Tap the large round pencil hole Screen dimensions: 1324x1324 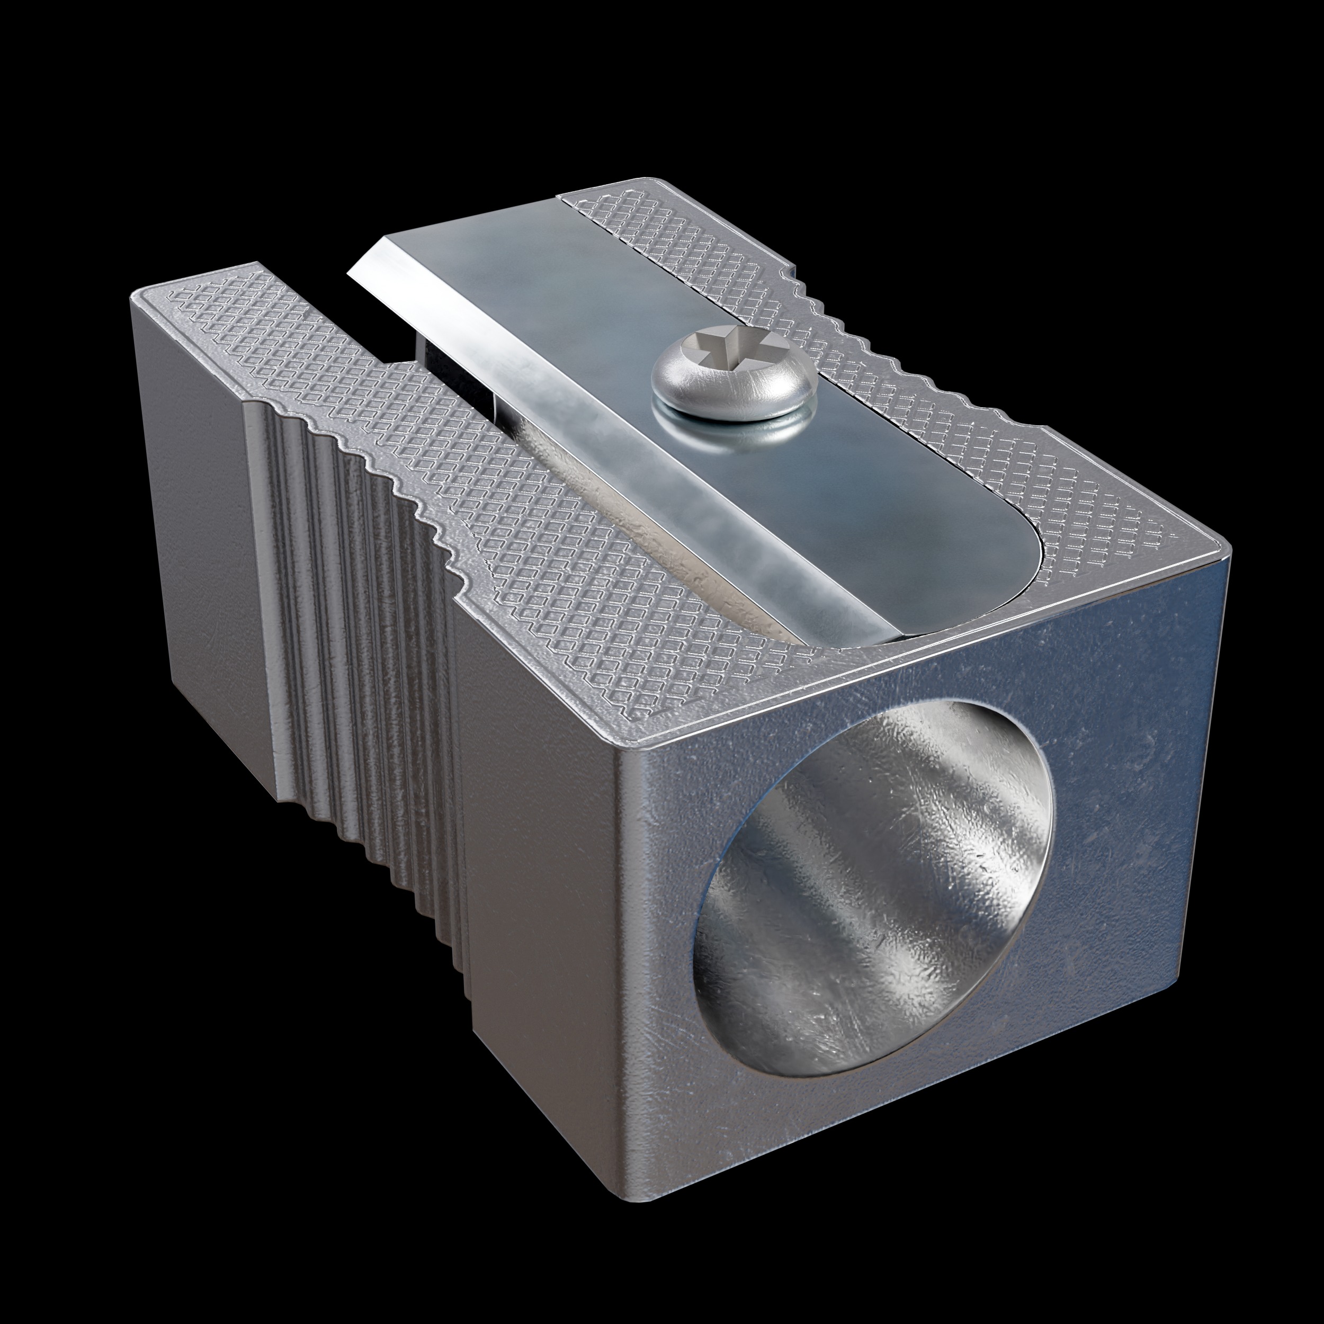(870, 884)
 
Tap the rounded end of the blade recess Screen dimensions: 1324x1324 (1021, 569)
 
